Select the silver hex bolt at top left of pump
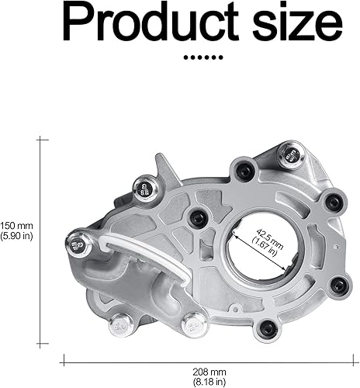tap(144, 186)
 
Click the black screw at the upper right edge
tap(332, 203)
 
